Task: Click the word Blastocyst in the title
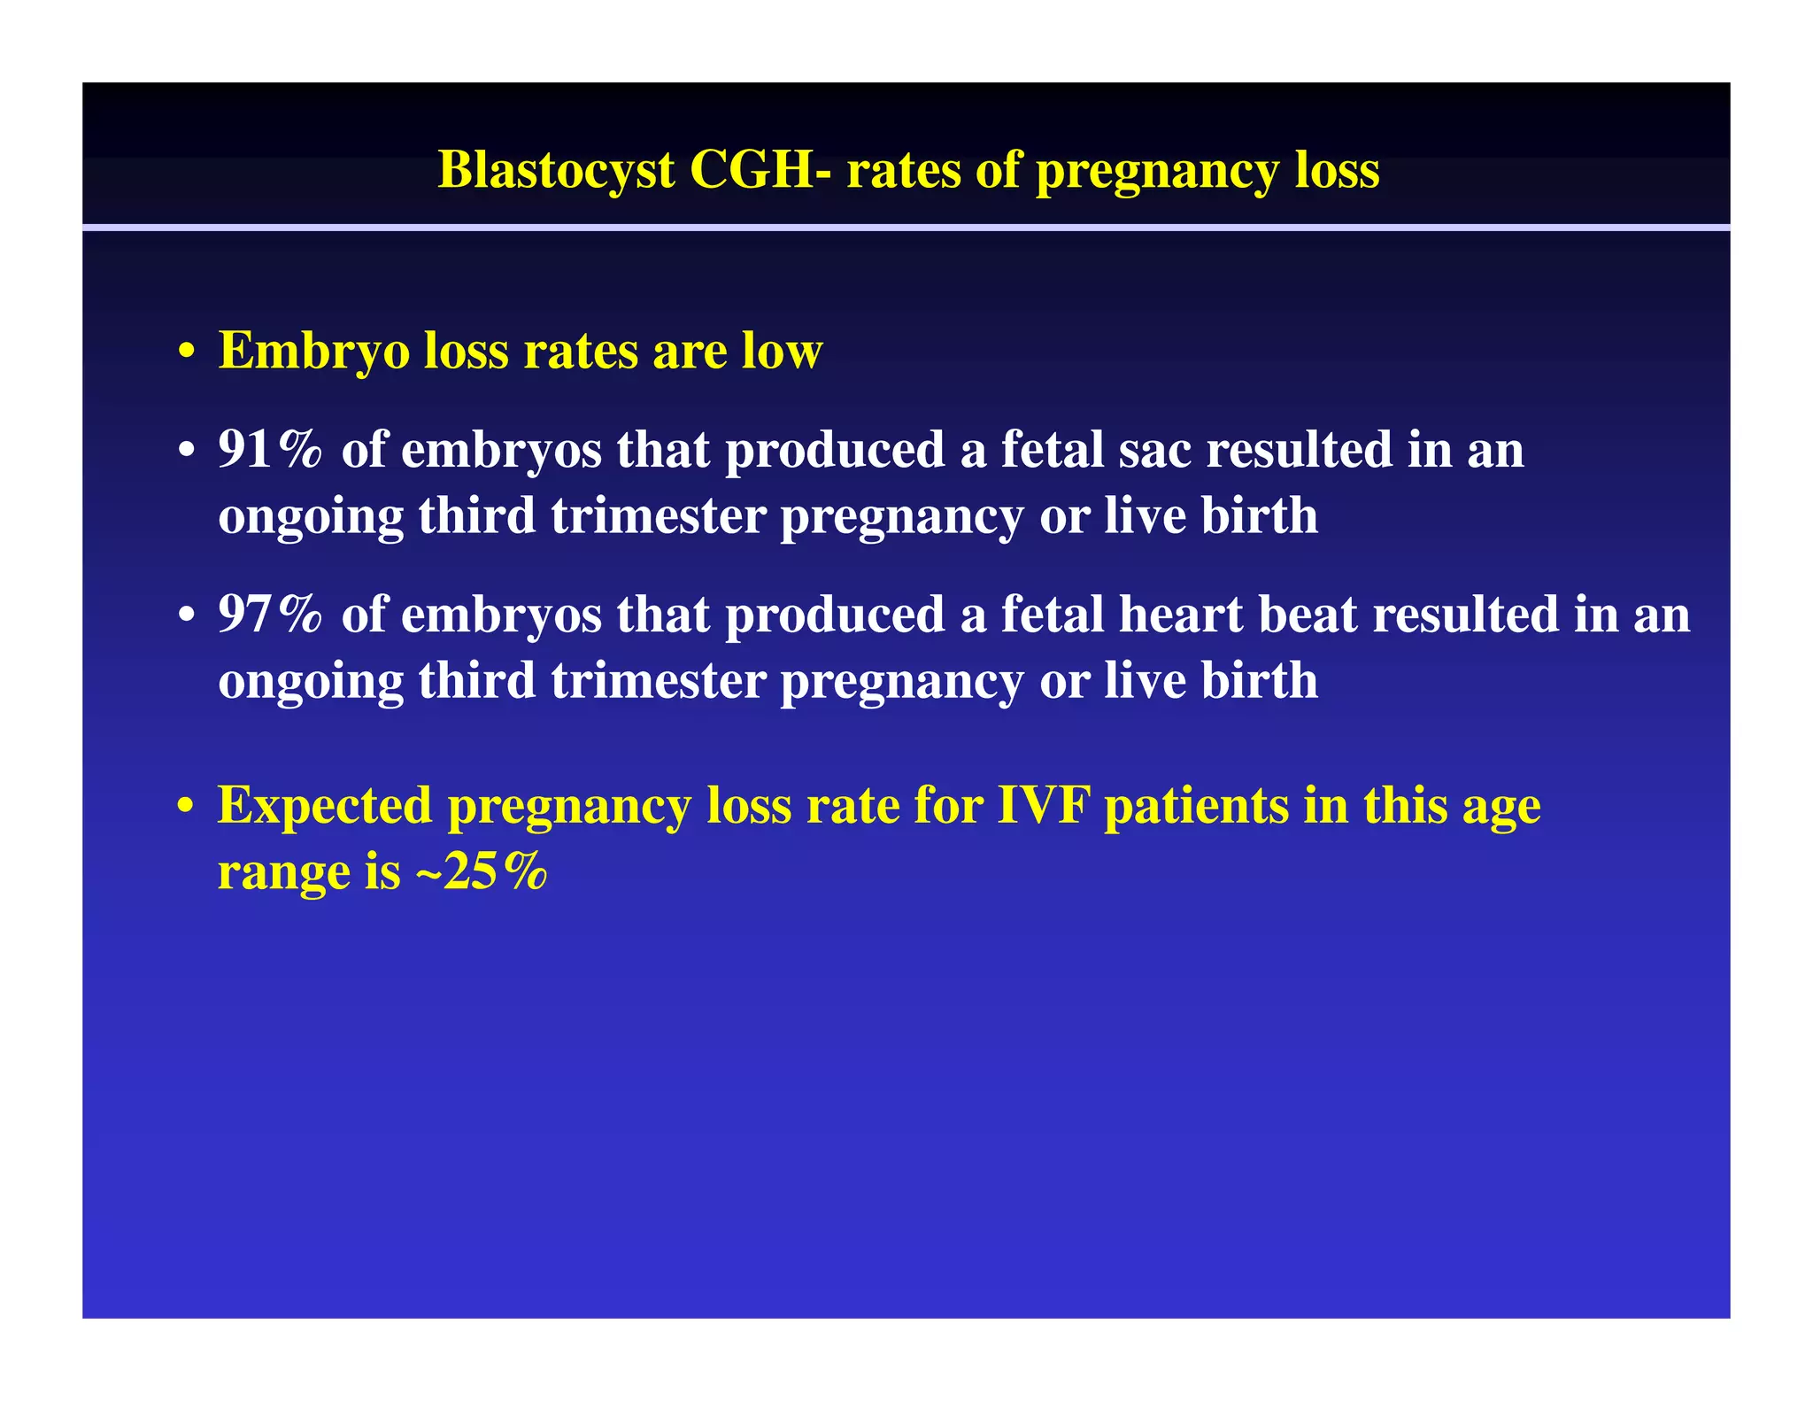[x=556, y=170]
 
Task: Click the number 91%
[x=270, y=449]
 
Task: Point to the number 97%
[x=270, y=614]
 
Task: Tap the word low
[x=783, y=351]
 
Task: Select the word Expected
[x=325, y=808]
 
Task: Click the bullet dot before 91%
[x=186, y=452]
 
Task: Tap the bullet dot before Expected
[x=186, y=808]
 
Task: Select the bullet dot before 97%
[x=186, y=615]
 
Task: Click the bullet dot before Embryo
[x=186, y=352]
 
